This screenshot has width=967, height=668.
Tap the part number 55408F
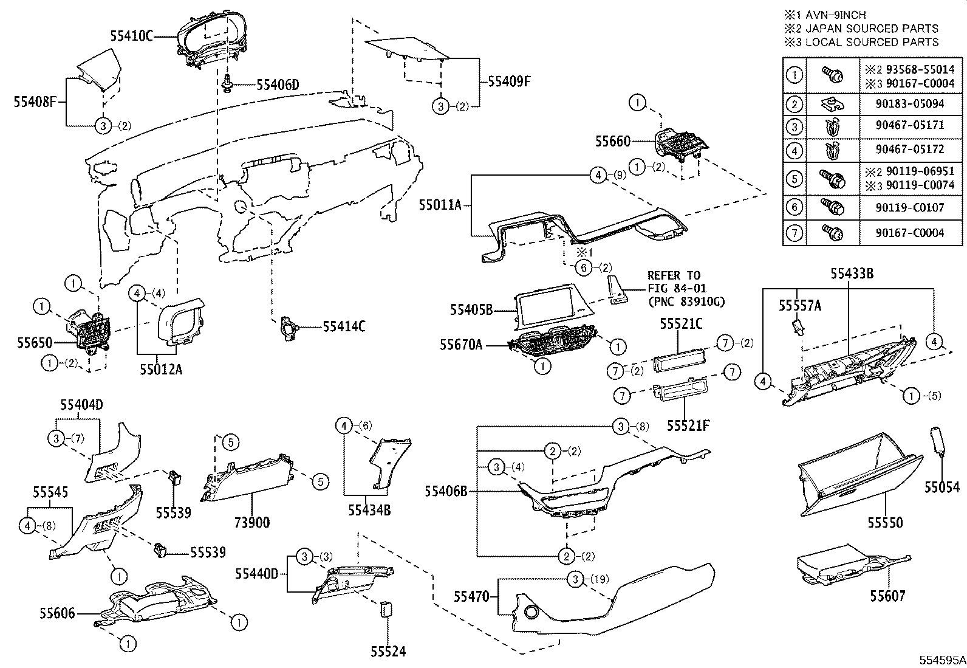point(35,102)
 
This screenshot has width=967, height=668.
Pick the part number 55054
point(942,486)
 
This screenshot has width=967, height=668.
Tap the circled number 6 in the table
point(794,207)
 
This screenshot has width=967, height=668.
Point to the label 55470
point(470,597)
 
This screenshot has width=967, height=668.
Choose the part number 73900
point(252,522)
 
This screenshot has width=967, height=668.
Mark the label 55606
point(58,613)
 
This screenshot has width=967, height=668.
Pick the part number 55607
point(887,596)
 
